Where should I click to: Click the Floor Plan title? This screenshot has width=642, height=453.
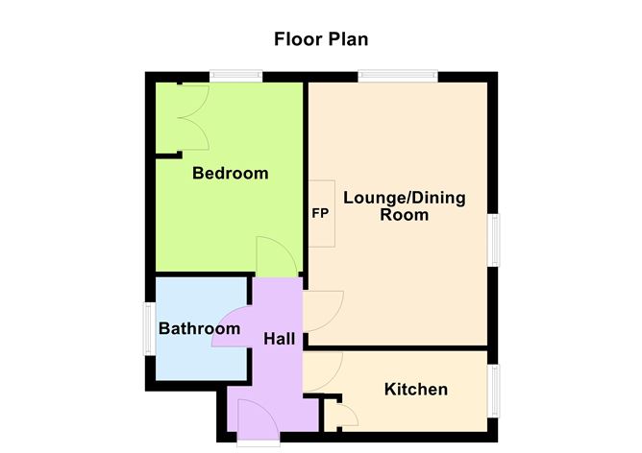click(321, 39)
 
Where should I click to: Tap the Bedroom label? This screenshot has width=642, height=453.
click(230, 174)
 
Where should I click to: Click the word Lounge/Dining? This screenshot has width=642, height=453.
click(404, 199)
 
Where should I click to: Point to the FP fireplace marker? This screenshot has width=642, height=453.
click(320, 213)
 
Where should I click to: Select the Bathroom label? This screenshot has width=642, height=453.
click(199, 329)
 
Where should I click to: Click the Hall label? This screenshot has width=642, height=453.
click(279, 338)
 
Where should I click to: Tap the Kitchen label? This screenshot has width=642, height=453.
click(416, 389)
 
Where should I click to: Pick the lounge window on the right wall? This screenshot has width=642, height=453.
click(495, 239)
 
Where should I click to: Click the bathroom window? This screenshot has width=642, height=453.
click(150, 329)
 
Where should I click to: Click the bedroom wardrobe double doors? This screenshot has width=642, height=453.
click(192, 116)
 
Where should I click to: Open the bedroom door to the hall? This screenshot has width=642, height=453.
click(275, 257)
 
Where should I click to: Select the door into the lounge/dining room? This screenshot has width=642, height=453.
click(320, 311)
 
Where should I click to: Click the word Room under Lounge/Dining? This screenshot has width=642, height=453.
click(404, 216)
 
